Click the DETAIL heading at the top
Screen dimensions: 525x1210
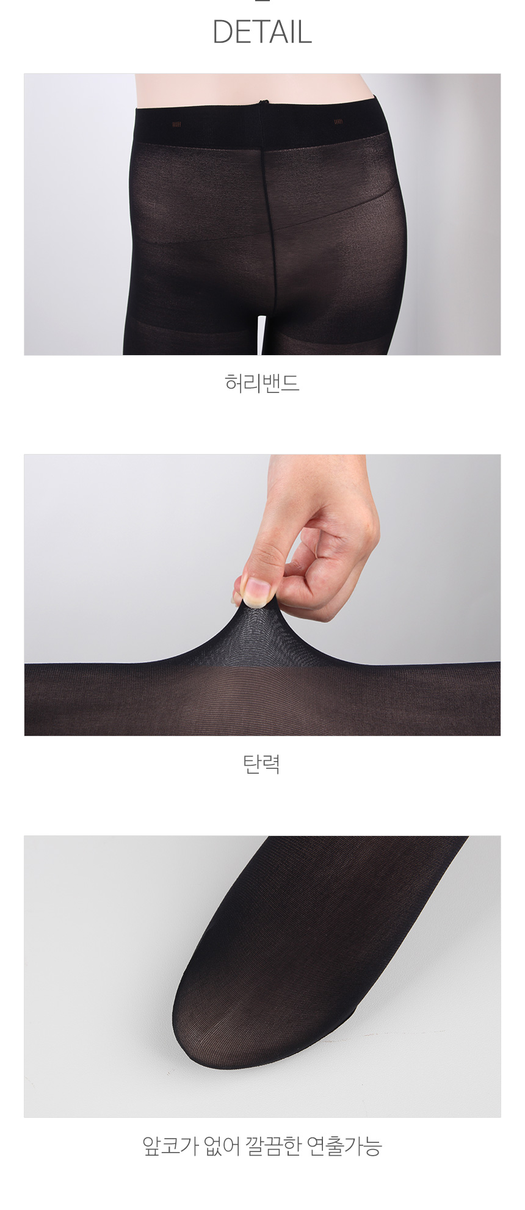[262, 32]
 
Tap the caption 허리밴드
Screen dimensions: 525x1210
[262, 383]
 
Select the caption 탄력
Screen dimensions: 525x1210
[262, 763]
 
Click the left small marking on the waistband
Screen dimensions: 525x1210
[177, 123]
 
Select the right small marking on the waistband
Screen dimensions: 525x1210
[338, 122]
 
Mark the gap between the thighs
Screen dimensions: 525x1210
[262, 336]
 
